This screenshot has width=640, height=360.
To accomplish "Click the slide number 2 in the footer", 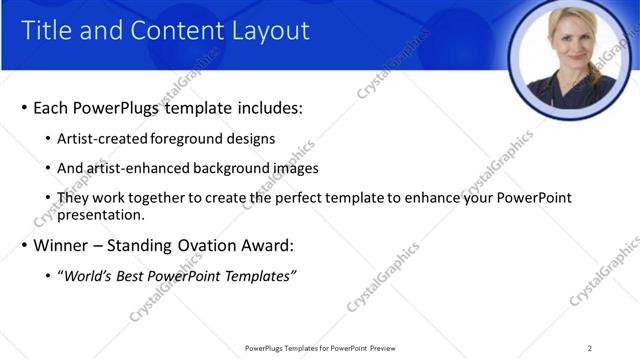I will tap(590, 348).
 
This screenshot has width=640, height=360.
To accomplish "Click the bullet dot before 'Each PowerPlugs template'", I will tap(23, 108).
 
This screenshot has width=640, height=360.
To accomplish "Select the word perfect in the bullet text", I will tap(312, 198).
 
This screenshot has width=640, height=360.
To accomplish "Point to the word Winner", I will tap(61, 246).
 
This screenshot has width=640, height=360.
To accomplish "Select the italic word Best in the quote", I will tap(133, 276).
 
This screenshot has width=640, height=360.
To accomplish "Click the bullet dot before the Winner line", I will tap(23, 246).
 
